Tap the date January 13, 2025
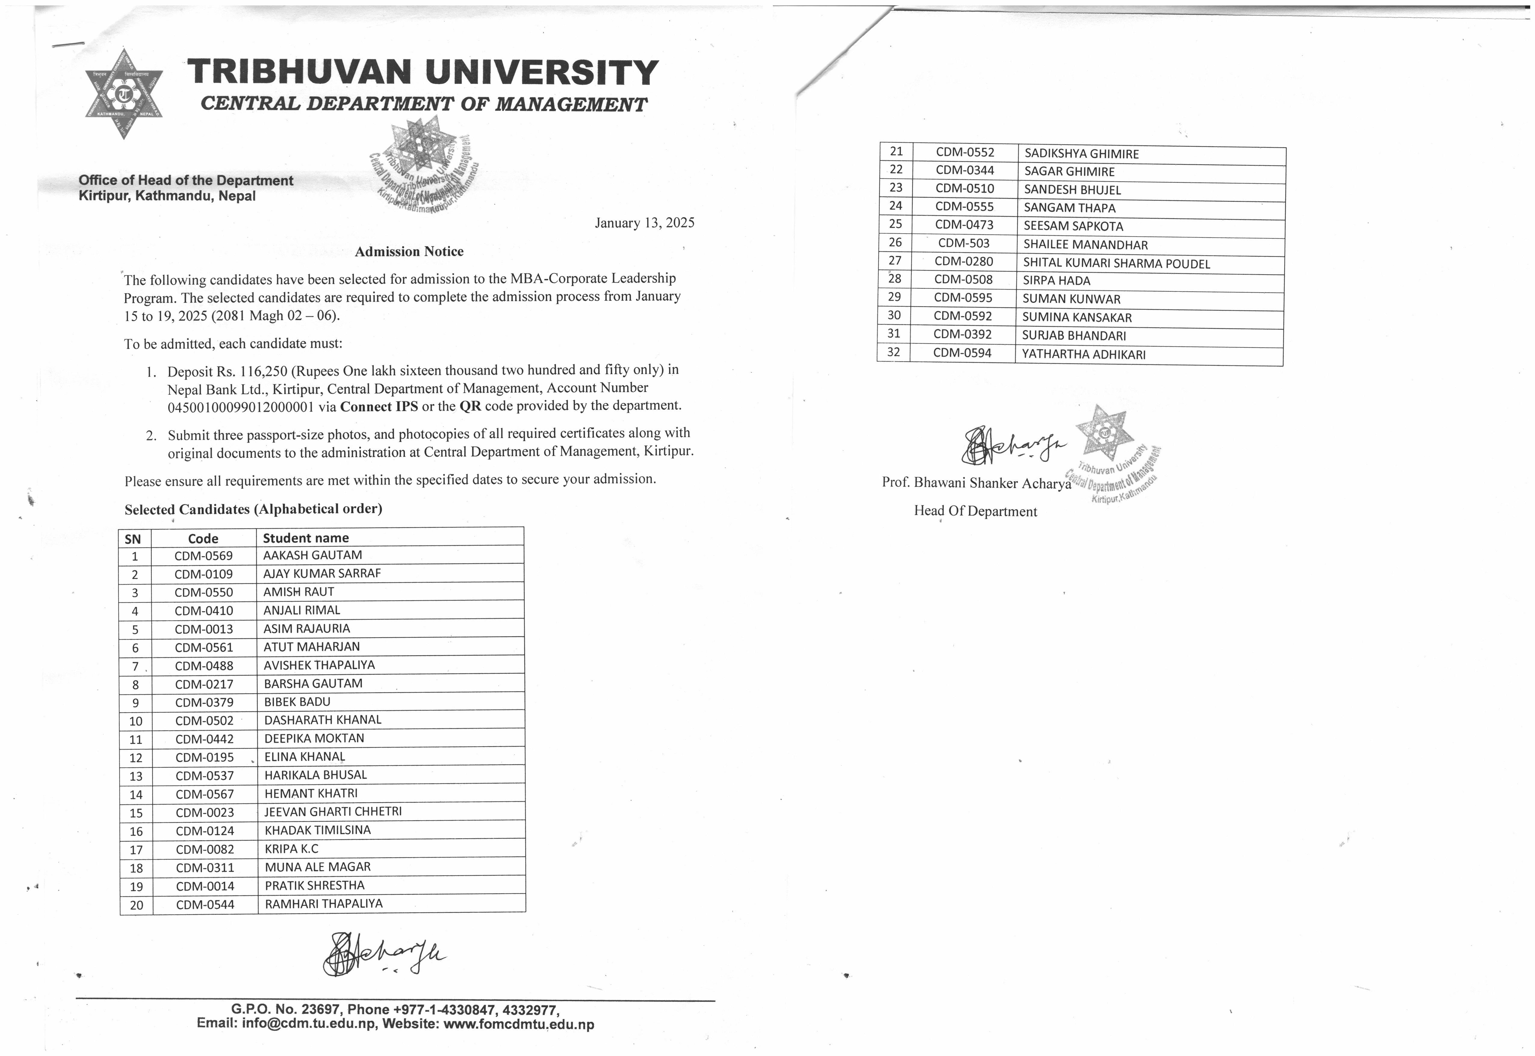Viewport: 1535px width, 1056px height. (x=644, y=223)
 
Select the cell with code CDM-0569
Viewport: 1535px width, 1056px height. (x=204, y=556)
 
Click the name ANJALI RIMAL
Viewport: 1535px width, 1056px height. (x=302, y=610)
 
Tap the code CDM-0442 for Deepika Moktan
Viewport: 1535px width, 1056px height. (x=204, y=739)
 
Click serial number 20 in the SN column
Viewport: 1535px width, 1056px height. (x=136, y=905)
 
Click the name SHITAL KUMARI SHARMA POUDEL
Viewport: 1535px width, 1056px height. (x=1116, y=263)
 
